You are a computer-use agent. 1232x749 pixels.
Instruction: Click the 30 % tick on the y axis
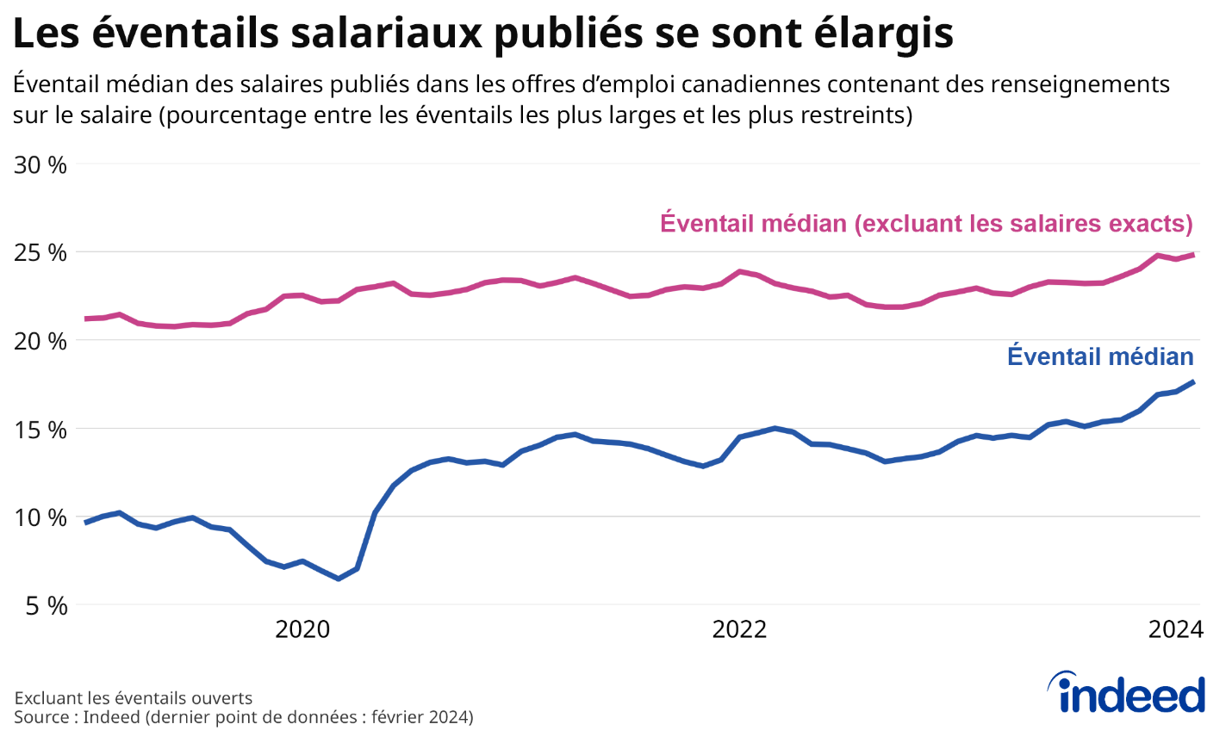(40, 164)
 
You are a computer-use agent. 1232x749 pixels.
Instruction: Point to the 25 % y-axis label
(40, 253)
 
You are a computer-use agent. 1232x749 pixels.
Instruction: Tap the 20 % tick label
(40, 342)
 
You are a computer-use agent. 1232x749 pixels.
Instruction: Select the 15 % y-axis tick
(40, 430)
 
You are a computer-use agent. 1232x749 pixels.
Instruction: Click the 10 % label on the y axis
(40, 518)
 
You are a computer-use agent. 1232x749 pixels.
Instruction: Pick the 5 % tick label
(45, 606)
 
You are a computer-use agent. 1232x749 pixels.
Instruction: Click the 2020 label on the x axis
(302, 630)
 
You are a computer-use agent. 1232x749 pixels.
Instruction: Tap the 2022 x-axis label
(739, 630)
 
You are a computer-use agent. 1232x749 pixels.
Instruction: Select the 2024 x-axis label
(1175, 630)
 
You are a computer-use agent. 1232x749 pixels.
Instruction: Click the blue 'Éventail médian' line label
(1100, 356)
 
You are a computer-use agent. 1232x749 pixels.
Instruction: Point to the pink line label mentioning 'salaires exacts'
(926, 224)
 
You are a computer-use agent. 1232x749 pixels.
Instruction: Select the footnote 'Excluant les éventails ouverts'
(134, 698)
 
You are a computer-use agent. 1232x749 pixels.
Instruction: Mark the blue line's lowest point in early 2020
(339, 579)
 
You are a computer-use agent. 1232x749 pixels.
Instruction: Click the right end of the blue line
(1193, 381)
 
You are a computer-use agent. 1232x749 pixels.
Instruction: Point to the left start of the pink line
(86, 319)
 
